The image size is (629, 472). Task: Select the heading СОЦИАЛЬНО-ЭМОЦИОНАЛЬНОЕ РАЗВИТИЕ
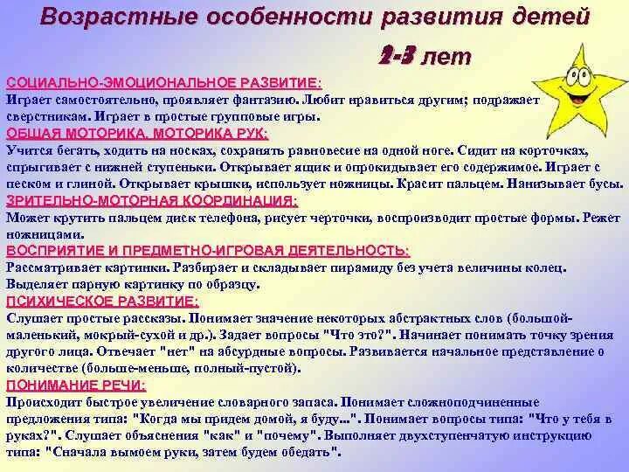[x=163, y=82]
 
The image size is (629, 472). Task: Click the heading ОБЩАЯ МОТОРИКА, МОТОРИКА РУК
[x=137, y=134]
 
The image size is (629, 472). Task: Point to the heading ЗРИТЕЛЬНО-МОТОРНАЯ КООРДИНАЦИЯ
[x=150, y=201]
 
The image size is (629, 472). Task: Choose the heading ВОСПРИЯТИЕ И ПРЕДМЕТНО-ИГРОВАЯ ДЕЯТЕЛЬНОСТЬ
[x=207, y=251]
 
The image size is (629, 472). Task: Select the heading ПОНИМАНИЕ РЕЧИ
[x=76, y=385]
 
